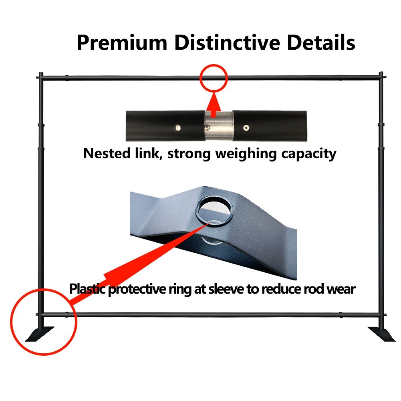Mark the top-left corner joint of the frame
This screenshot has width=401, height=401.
tap(40, 77)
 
